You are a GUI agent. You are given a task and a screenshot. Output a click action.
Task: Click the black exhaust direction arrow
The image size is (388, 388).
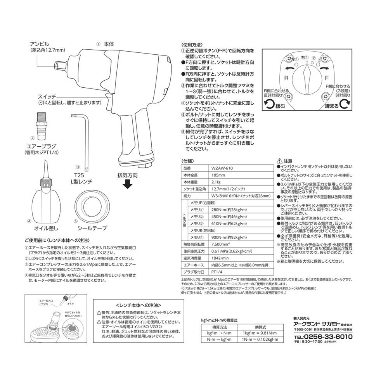pos(127,185)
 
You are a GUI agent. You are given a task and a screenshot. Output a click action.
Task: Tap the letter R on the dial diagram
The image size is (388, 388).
pos(286,78)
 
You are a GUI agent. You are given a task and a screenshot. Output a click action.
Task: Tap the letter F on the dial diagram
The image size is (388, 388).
pos(327,78)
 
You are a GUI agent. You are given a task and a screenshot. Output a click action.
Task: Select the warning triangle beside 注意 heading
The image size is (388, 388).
pos(280,161)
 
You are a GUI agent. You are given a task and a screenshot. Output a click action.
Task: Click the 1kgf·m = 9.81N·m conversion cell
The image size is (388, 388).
pos(259,333)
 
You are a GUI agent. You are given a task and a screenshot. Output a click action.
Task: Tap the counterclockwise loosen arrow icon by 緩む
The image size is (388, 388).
pos(268,104)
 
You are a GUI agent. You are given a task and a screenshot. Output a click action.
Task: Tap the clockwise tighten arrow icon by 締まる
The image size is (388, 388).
pos(345,104)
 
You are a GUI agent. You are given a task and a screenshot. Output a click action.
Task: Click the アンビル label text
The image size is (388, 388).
pos(40,43)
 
